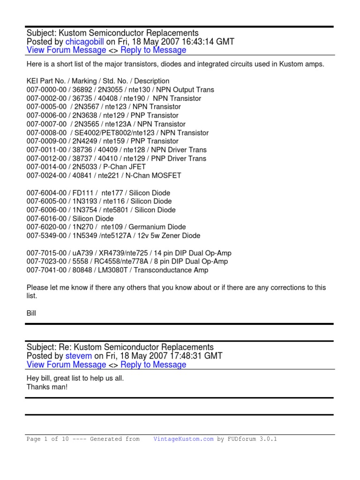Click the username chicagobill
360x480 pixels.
tap(84, 42)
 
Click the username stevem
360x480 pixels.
tap(79, 356)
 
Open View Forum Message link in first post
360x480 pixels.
tap(66, 50)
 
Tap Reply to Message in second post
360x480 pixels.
tap(153, 365)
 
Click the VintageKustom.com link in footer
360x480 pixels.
tap(183, 439)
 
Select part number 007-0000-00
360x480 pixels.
tap(46, 90)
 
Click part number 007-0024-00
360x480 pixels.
tap(46, 175)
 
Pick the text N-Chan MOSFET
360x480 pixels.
tap(158, 175)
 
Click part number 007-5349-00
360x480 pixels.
tap(46, 235)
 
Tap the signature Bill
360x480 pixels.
tap(31, 313)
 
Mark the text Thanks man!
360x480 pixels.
tap(47, 387)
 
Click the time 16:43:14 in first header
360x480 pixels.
tap(198, 42)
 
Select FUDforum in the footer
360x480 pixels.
tap(242, 439)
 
